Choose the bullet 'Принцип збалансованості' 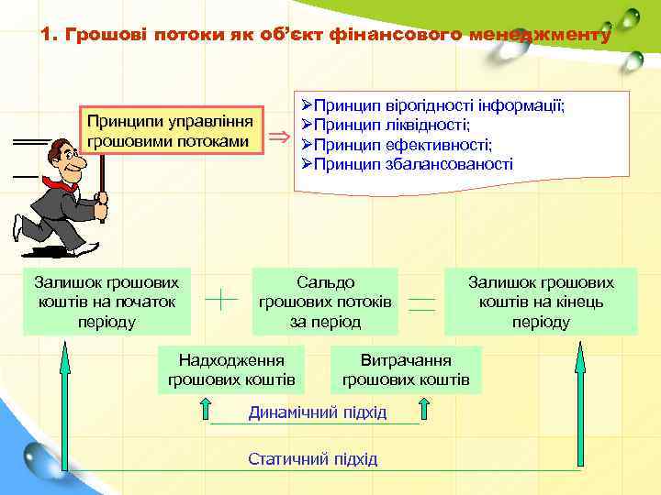coord(413,164)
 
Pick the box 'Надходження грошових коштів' coord(231,369)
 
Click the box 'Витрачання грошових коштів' coord(406,369)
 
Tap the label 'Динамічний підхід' coord(318,412)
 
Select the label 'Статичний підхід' coord(312,458)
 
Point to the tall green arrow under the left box coord(65,403)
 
